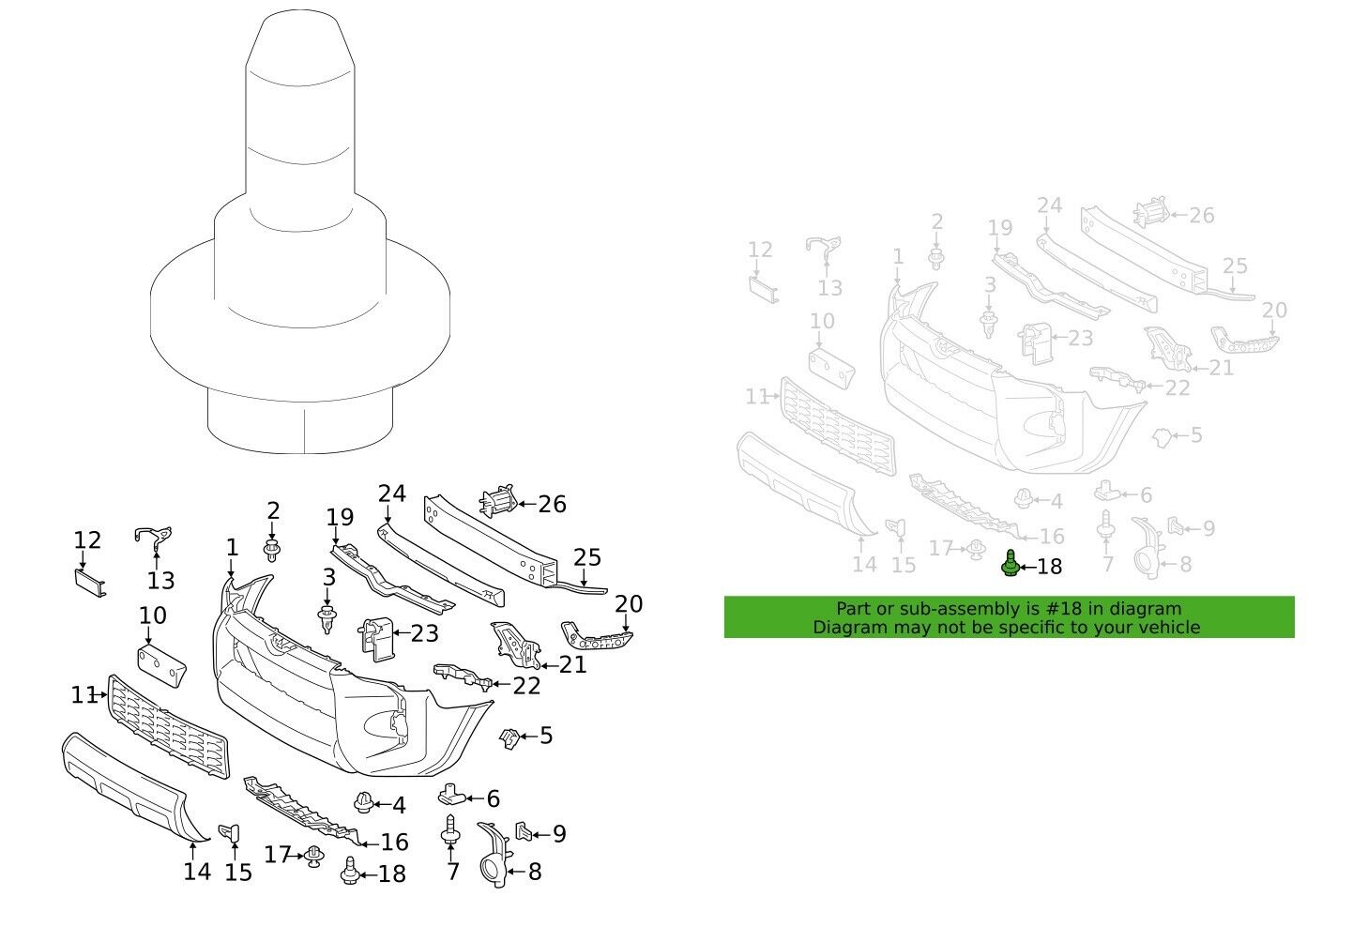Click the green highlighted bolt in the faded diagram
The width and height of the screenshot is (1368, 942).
[x=1010, y=565]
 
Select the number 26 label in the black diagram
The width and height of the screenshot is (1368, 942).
[x=552, y=505]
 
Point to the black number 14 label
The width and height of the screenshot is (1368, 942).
[x=196, y=872]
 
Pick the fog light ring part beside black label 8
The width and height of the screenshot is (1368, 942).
[x=493, y=852]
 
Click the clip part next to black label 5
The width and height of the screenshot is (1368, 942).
[x=509, y=738]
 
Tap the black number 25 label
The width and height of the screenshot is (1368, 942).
[x=586, y=558]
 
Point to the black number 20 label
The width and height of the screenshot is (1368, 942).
[x=629, y=603]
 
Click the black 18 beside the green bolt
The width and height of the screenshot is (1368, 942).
[x=1050, y=567]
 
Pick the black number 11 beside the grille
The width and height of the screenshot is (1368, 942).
[x=84, y=695]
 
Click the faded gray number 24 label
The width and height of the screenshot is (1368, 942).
[x=1050, y=205]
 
